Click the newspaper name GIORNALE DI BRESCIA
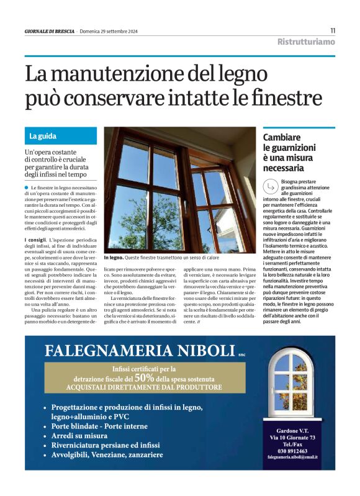(x=50, y=31)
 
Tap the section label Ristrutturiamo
(x=306, y=42)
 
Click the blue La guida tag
(x=43, y=135)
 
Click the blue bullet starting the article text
(x=27, y=187)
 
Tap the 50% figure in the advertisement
(x=144, y=376)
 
